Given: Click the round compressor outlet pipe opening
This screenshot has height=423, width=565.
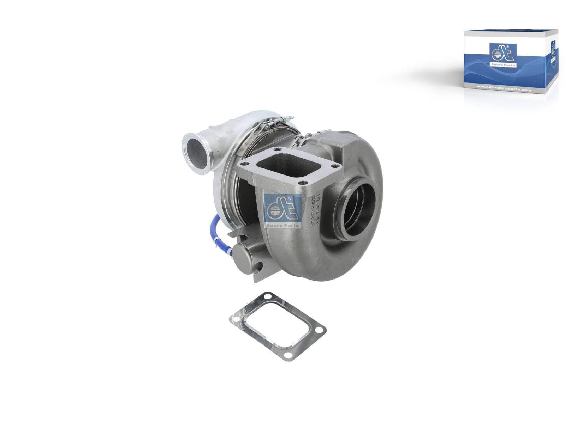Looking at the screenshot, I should (196, 153).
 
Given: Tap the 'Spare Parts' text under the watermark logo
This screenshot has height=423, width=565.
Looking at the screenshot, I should (282, 225).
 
